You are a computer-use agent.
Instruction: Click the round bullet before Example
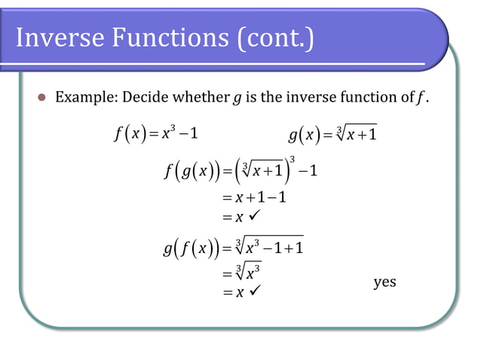pyautogui.click(x=41, y=97)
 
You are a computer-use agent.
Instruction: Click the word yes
pyautogui.click(x=384, y=282)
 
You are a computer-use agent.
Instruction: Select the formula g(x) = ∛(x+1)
pyautogui.click(x=333, y=136)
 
